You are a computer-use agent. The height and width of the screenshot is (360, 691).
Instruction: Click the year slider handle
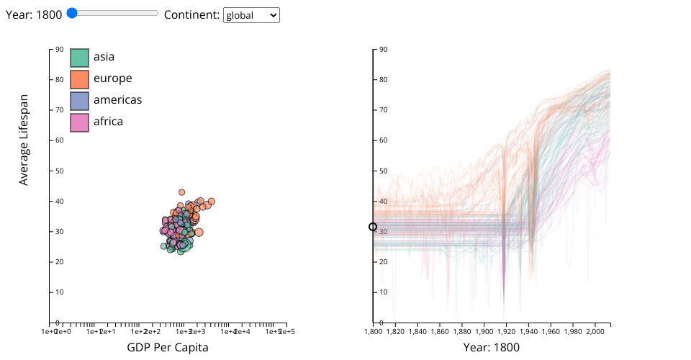click(71, 12)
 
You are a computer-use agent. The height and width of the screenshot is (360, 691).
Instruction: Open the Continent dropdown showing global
click(251, 15)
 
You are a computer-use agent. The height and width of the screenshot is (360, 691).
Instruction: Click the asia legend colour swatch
click(79, 58)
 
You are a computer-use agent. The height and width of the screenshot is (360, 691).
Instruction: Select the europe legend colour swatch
click(79, 79)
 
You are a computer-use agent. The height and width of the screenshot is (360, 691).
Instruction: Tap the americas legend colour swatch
click(79, 101)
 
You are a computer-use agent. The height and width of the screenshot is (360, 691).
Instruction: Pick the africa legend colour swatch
click(79, 122)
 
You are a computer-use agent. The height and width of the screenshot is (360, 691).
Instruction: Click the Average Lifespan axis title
click(24, 140)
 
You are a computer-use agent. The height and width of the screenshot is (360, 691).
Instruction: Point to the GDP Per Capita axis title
click(168, 347)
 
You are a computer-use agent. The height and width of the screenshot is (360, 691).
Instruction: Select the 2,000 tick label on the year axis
click(595, 331)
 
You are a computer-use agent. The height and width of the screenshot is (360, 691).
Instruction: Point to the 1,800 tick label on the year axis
click(374, 331)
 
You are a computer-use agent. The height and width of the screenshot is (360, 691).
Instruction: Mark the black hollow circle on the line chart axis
click(373, 227)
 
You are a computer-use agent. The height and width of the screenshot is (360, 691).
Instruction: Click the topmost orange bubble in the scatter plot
click(182, 192)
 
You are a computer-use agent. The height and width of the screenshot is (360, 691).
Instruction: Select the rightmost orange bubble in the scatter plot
click(212, 202)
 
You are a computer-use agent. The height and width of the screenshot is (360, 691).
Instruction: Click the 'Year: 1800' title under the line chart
click(492, 347)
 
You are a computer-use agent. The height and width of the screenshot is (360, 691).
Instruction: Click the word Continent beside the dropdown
click(191, 14)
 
